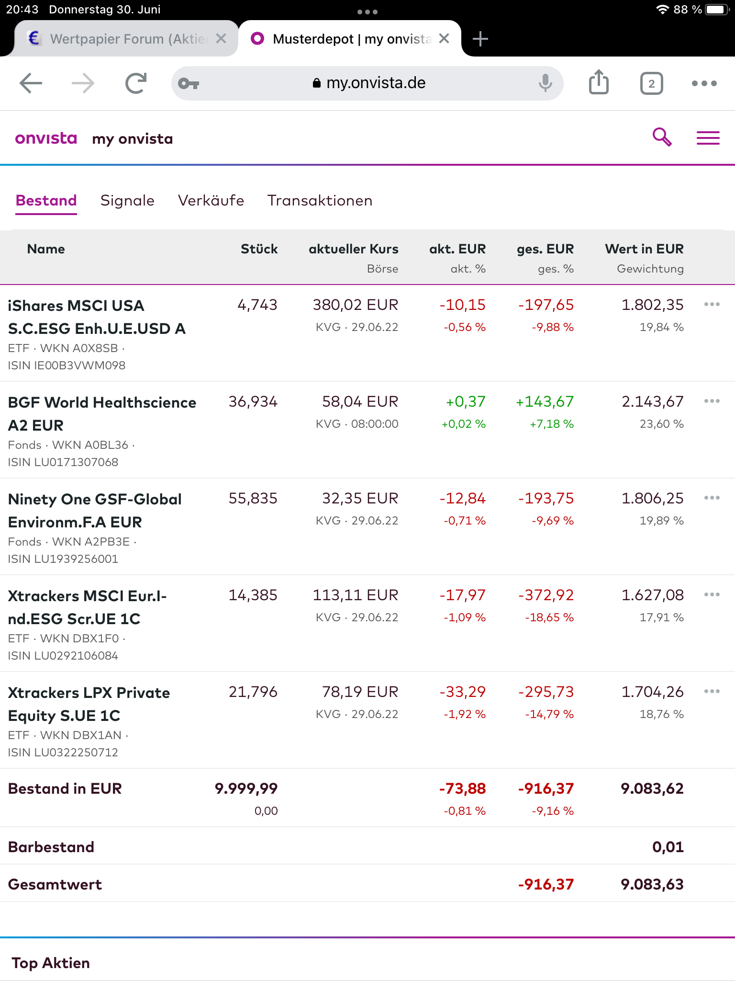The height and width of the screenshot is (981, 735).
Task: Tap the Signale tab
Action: (x=127, y=201)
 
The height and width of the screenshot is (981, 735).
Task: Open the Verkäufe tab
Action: (x=211, y=201)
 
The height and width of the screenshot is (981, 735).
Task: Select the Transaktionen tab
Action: (x=320, y=201)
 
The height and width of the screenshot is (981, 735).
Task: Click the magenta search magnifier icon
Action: (x=662, y=137)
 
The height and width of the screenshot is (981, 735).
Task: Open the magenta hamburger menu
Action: (x=708, y=138)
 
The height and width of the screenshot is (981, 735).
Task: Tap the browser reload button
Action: (x=136, y=83)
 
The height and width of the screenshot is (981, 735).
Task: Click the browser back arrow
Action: (x=31, y=83)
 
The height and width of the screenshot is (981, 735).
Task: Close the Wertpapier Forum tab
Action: (x=221, y=39)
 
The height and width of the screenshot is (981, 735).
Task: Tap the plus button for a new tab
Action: (x=480, y=39)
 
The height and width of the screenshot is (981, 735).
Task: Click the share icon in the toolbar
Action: (x=599, y=83)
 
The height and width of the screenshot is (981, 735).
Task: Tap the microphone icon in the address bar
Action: (x=545, y=83)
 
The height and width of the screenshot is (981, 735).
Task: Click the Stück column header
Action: (x=259, y=249)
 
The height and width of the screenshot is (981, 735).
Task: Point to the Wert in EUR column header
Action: (x=644, y=249)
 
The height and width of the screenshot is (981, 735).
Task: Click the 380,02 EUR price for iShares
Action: (x=355, y=305)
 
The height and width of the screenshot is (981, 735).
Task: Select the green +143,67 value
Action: (x=545, y=402)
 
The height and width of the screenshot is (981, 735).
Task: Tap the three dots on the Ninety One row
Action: (x=712, y=498)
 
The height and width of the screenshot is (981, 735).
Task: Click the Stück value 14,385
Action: (x=253, y=595)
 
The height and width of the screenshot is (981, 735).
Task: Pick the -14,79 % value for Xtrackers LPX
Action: (x=549, y=714)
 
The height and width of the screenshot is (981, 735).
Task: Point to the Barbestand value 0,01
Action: (x=668, y=847)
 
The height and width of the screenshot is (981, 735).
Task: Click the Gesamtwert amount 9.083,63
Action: (x=652, y=884)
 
